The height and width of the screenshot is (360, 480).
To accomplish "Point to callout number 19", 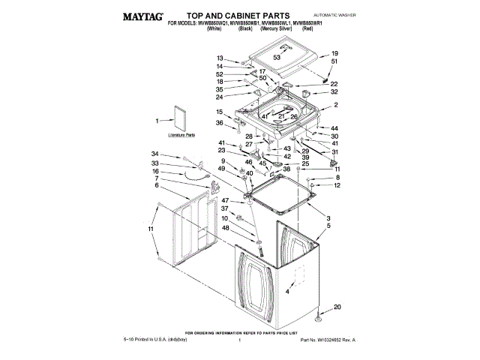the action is coord(334,53).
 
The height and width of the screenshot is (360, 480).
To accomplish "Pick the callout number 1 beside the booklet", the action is coord(157,120).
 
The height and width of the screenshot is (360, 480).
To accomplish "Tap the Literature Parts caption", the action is coord(181,136).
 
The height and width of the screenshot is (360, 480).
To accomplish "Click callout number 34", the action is coord(156,154).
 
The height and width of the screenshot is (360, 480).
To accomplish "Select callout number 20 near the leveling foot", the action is coord(337,306).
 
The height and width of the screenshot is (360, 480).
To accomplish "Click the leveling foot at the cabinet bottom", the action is coord(319,318).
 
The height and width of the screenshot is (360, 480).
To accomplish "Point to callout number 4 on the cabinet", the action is coord(288,291).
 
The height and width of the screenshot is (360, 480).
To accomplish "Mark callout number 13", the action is coord(220,58).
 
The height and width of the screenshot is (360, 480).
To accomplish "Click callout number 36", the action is coord(220,123).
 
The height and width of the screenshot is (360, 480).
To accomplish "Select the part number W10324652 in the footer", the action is coord(327,340).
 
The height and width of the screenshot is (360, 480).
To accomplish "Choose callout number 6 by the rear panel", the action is coord(157,185).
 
